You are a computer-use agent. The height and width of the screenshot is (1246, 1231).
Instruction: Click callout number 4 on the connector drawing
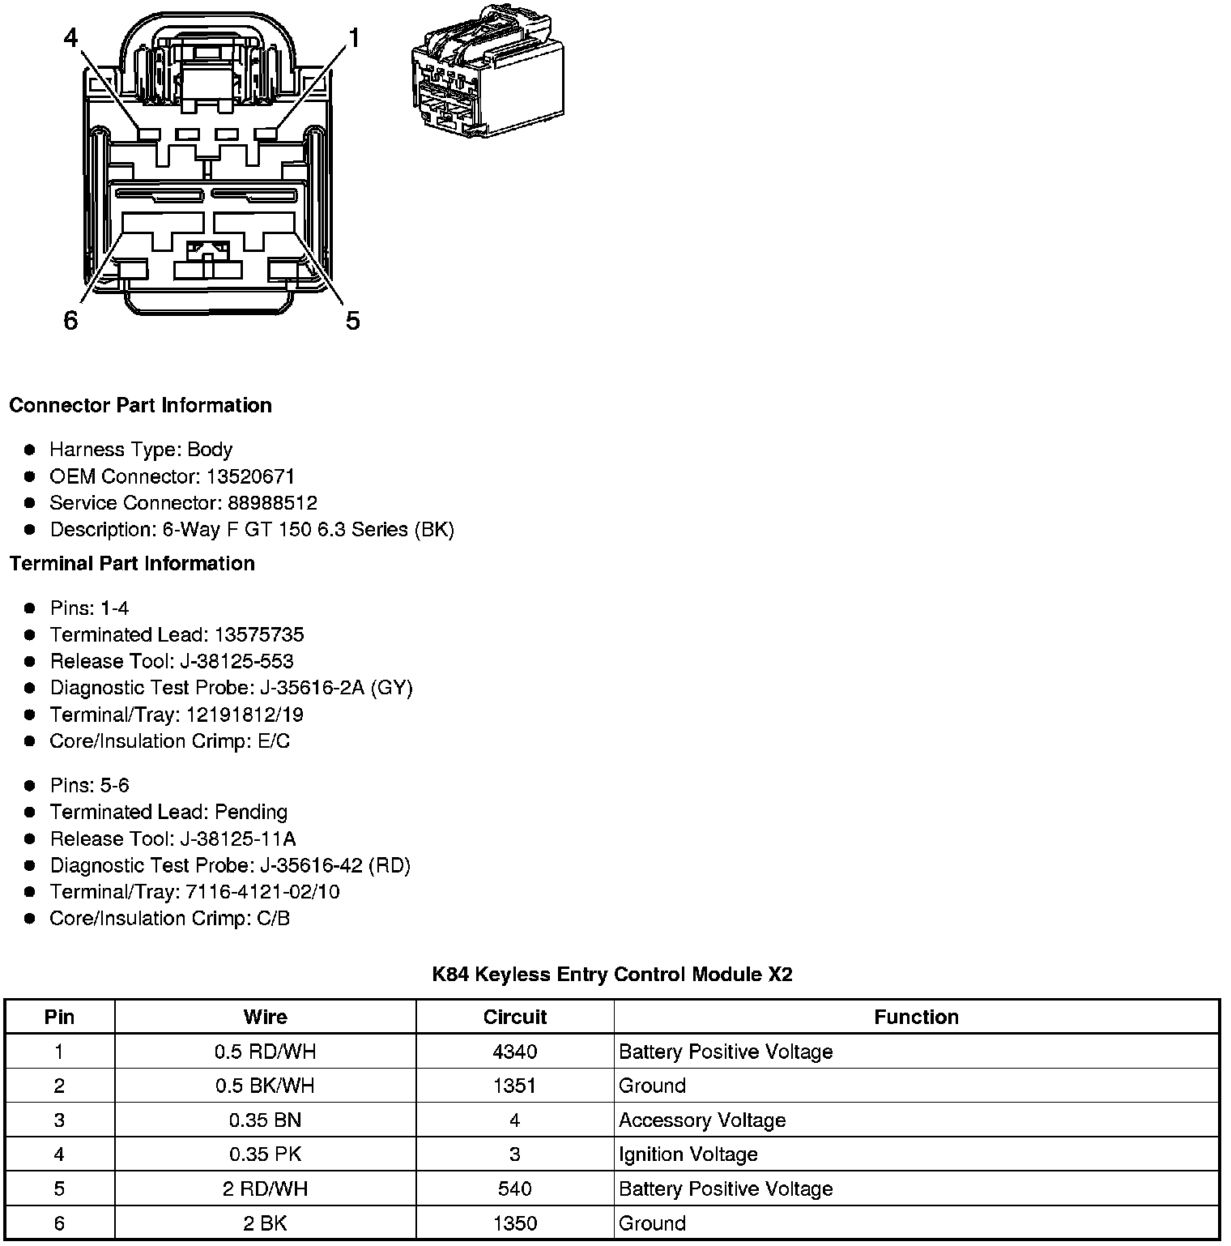(x=71, y=37)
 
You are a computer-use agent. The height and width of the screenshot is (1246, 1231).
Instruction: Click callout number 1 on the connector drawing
(x=354, y=37)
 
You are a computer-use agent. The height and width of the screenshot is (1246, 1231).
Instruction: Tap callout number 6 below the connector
(x=70, y=321)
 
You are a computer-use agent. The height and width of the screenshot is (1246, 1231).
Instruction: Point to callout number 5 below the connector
(x=352, y=321)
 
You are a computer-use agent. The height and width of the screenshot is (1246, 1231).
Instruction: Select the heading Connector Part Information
(x=140, y=405)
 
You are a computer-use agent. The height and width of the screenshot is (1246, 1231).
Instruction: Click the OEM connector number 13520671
(x=250, y=476)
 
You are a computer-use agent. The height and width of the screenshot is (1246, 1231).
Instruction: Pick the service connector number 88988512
(x=272, y=503)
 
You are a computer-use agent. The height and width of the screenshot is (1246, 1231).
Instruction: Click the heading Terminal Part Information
(x=132, y=563)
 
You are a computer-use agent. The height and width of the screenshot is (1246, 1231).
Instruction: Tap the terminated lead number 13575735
(x=259, y=634)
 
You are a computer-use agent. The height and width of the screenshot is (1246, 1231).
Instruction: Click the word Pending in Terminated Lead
(x=251, y=812)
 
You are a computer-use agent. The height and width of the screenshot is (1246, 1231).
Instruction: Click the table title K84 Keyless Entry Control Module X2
(x=612, y=974)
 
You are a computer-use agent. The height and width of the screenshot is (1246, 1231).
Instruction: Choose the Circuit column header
(x=514, y=1017)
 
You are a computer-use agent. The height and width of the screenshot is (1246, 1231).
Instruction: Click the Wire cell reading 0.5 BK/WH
(x=265, y=1086)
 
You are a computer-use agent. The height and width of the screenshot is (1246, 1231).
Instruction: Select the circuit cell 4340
(x=514, y=1052)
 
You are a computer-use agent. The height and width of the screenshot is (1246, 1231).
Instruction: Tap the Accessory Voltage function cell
(x=702, y=1120)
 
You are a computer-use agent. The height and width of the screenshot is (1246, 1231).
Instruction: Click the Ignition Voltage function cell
(x=688, y=1154)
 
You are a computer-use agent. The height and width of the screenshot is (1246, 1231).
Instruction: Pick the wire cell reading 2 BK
(x=265, y=1223)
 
